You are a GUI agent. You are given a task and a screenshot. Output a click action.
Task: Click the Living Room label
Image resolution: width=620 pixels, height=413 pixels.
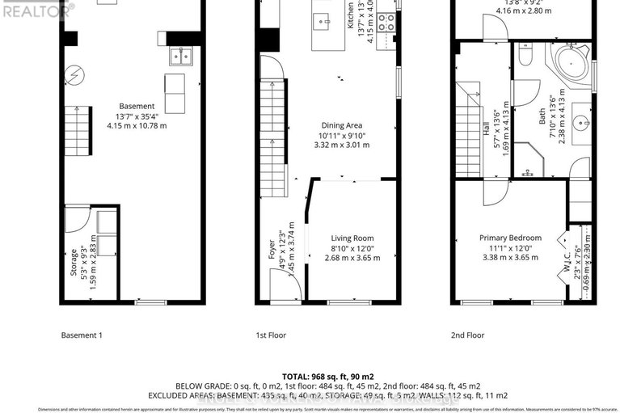click(352, 238)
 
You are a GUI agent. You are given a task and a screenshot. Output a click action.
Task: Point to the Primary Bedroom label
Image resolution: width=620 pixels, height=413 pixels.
click(510, 238)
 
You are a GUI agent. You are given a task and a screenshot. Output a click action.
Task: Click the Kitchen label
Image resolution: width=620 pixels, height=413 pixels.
click(351, 16)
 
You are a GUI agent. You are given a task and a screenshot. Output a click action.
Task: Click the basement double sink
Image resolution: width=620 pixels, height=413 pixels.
click(180, 57)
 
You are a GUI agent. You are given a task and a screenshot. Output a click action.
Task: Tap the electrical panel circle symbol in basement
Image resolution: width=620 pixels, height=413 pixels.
click(74, 74)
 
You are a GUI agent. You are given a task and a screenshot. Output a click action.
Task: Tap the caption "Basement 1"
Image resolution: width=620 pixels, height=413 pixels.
click(82, 335)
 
